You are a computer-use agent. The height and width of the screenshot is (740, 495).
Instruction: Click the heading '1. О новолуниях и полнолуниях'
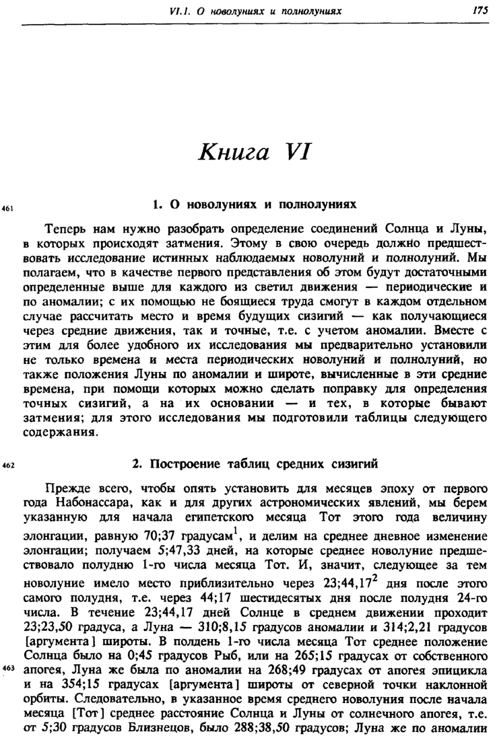(255, 202)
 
